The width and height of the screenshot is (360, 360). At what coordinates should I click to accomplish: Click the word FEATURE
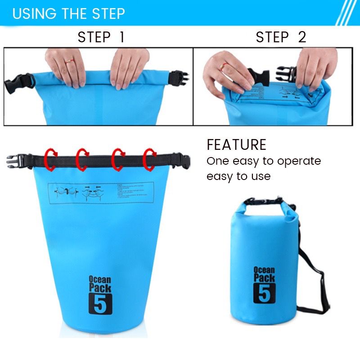coord(236,145)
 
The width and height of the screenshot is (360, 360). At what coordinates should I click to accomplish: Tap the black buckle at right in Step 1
coord(179,78)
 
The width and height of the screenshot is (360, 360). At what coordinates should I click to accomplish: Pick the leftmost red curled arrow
coord(51,160)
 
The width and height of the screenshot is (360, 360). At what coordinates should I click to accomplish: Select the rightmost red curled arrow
coord(149,159)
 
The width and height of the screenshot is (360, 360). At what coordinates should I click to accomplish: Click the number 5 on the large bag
coord(100,304)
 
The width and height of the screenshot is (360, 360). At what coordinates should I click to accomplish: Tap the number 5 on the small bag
coord(264,293)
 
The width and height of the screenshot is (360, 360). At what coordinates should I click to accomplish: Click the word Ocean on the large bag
coord(99,279)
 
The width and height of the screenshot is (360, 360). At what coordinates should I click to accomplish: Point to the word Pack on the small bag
coord(264,277)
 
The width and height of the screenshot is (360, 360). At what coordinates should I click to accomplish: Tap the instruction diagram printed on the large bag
coord(102,193)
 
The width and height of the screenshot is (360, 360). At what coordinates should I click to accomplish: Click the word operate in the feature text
coord(299,161)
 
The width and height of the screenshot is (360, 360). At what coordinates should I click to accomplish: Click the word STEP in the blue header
coord(106,13)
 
